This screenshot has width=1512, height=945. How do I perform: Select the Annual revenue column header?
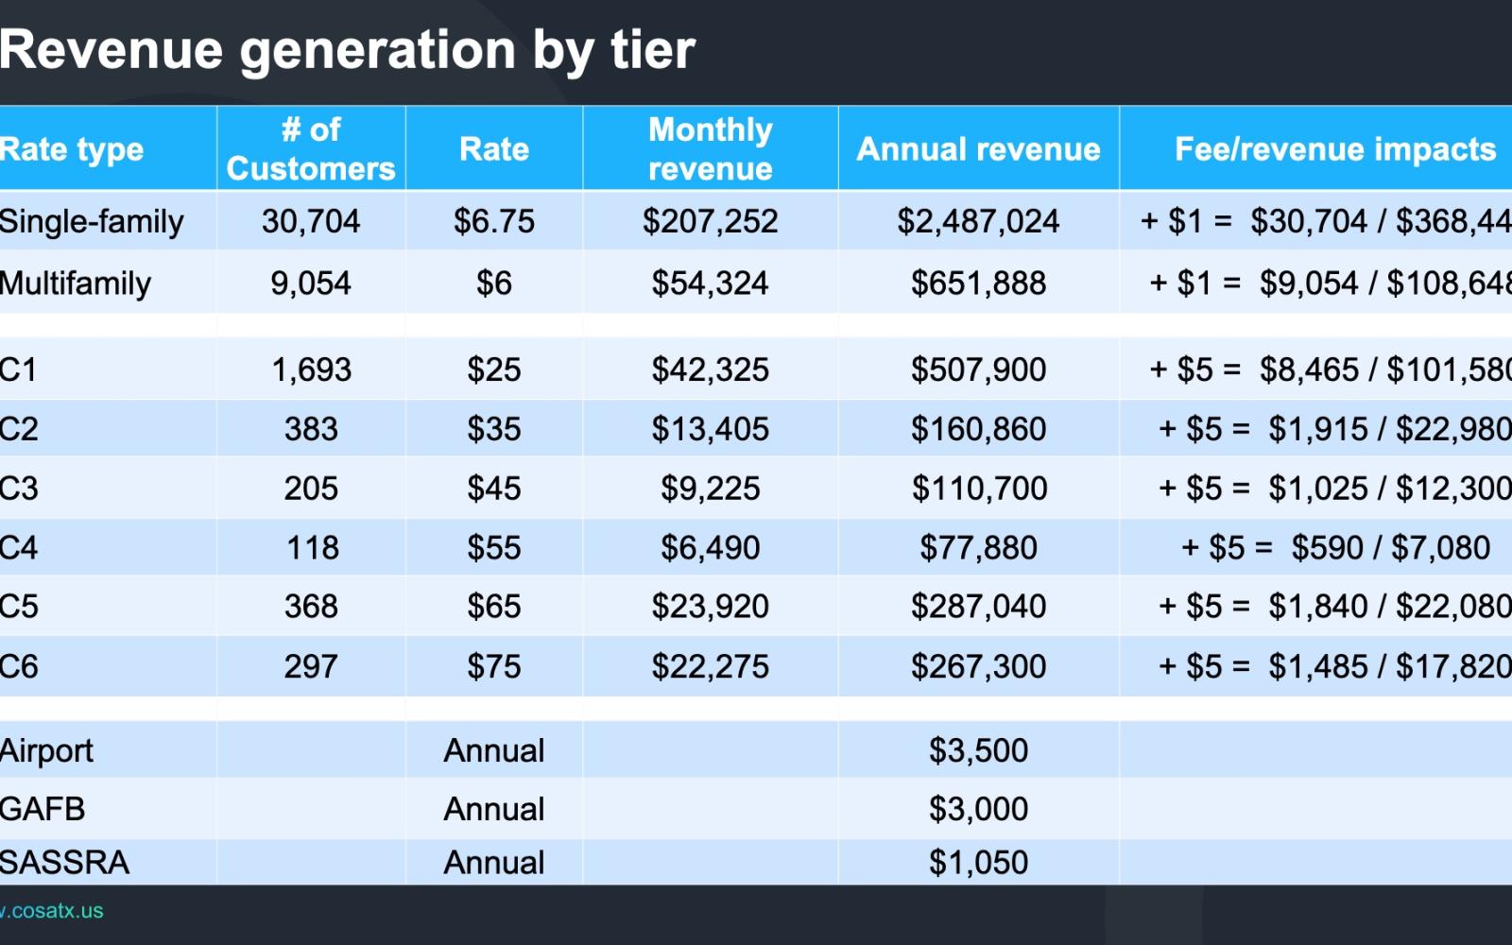978,149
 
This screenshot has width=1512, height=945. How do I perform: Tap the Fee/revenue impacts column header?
1334,149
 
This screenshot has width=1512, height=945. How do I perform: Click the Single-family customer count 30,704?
311,221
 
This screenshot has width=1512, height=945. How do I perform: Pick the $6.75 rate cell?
493,221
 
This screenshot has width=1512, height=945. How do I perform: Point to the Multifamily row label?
76,283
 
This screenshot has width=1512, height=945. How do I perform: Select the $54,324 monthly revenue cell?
710,283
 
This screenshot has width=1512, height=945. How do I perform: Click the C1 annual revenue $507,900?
978,369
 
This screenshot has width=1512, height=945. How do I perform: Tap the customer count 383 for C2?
311,429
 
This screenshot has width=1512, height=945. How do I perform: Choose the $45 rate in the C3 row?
493,489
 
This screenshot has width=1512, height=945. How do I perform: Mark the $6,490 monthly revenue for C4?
710,548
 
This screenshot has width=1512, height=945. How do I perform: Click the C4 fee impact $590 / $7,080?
1334,548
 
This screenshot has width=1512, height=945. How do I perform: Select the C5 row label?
19,607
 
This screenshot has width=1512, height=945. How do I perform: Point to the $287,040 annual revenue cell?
978,607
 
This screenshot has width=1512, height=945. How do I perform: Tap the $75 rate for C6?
493,667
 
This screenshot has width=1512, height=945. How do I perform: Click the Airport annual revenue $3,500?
978,750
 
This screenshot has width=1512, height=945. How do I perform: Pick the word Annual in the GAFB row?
493,809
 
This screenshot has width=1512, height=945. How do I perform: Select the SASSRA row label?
64,863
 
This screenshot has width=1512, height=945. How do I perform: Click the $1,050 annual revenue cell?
978,863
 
